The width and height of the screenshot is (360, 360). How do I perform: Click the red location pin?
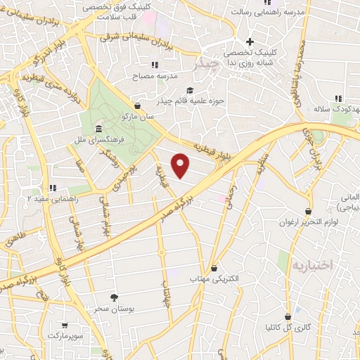[181, 166]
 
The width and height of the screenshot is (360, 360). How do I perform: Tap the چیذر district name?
[209, 63]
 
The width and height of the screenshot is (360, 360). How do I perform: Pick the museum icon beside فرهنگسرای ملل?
[97, 131]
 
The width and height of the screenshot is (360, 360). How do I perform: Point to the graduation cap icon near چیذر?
[190, 90]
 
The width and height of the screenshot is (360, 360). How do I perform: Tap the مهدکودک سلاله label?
[331, 110]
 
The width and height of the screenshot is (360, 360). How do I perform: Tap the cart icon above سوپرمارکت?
[65, 325]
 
